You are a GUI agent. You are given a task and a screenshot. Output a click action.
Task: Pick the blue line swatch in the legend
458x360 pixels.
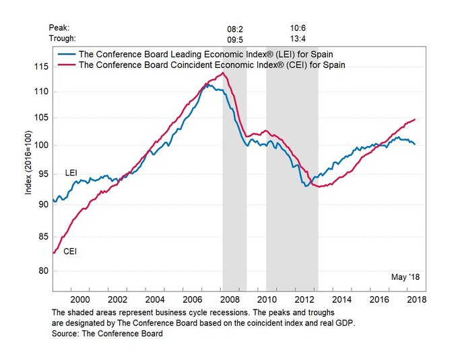click(x=66, y=53)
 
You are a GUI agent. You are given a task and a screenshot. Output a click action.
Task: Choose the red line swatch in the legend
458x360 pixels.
click(x=66, y=65)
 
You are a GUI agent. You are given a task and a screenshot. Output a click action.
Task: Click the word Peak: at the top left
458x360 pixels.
click(x=59, y=28)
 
